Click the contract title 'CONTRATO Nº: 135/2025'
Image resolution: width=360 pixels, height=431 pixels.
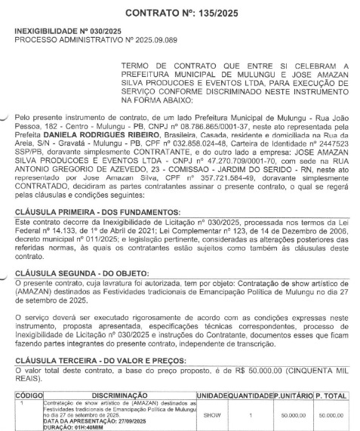pyautogui.click(x=180, y=14)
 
